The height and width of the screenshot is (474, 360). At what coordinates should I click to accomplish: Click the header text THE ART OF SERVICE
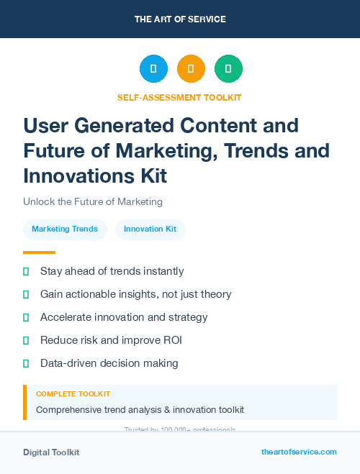click(x=180, y=19)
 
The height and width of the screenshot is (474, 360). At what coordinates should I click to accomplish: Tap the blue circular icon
click(x=153, y=69)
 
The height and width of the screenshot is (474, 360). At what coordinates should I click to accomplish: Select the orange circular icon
click(x=191, y=69)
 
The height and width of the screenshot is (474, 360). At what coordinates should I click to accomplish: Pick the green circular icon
click(x=228, y=69)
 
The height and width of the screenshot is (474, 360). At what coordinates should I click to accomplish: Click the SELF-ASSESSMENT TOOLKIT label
click(x=180, y=97)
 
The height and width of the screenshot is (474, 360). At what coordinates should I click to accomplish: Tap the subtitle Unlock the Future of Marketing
click(x=93, y=201)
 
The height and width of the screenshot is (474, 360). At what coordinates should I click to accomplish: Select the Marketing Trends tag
click(x=65, y=229)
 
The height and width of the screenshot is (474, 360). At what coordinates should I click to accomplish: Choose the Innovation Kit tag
click(x=150, y=229)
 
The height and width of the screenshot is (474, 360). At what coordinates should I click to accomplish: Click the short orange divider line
click(x=39, y=252)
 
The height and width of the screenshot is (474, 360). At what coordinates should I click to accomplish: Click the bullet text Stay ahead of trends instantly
click(x=112, y=271)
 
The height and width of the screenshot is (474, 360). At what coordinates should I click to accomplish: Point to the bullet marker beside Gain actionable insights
click(x=26, y=294)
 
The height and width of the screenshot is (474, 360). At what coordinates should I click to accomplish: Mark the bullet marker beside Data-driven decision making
click(x=26, y=363)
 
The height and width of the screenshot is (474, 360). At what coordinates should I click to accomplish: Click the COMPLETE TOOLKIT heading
click(x=73, y=394)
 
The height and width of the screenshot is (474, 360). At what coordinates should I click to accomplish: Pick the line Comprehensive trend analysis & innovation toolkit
click(x=140, y=410)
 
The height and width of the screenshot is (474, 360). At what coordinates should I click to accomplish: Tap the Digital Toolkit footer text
click(x=51, y=452)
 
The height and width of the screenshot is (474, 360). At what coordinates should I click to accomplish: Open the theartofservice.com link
click(x=299, y=452)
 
